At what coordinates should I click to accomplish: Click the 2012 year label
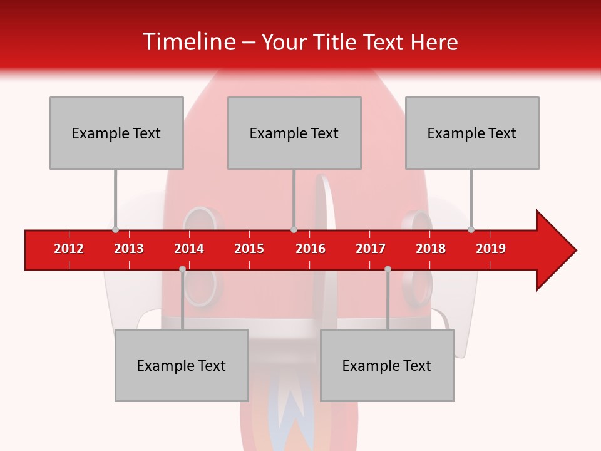(69, 249)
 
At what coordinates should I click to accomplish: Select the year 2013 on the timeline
(129, 249)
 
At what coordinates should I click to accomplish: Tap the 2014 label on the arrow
(189, 249)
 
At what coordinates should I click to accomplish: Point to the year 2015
(249, 249)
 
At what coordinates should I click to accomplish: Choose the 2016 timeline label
(311, 249)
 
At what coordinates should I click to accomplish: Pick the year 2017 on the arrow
(371, 249)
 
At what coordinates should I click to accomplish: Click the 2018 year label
(431, 249)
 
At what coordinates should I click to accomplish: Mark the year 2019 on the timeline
(491, 249)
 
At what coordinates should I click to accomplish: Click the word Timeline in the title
(188, 42)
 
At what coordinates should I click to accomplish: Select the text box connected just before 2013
(116, 133)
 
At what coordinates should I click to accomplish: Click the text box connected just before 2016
(294, 133)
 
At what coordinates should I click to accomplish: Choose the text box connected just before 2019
(472, 133)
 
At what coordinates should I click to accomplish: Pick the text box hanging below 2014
(182, 365)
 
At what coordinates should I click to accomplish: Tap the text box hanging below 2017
(387, 365)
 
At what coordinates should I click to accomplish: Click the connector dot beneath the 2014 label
(182, 269)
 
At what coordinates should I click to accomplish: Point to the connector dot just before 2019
(471, 229)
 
